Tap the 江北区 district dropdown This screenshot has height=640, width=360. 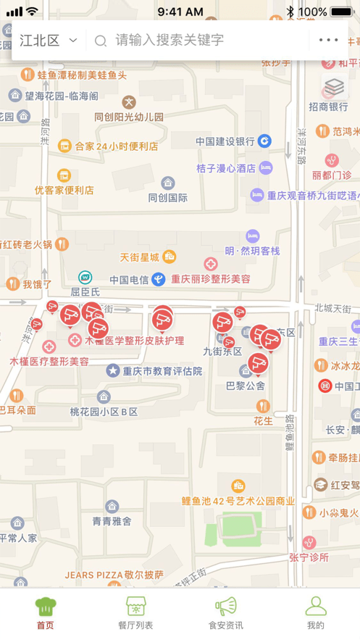point(48,41)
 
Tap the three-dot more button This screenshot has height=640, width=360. point(328,41)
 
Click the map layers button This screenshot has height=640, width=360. point(334,88)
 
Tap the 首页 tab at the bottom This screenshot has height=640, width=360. point(45,612)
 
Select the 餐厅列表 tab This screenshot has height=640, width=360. point(135,612)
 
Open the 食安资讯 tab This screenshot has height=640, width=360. point(225,612)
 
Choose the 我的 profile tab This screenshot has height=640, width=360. point(315,612)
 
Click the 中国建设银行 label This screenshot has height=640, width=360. point(225,141)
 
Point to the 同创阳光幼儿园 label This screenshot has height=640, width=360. point(129,117)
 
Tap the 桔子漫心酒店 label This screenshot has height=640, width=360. point(226,168)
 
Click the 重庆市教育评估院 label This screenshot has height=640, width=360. point(162,371)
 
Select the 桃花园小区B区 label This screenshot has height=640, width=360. point(104,412)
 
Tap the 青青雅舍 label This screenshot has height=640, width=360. point(112,520)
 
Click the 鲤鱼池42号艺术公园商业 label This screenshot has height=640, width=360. point(238,500)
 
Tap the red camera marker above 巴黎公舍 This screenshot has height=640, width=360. point(258,363)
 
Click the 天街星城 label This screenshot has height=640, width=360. point(139,257)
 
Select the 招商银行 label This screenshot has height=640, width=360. point(328,107)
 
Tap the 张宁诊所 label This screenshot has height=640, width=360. point(309,557)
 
